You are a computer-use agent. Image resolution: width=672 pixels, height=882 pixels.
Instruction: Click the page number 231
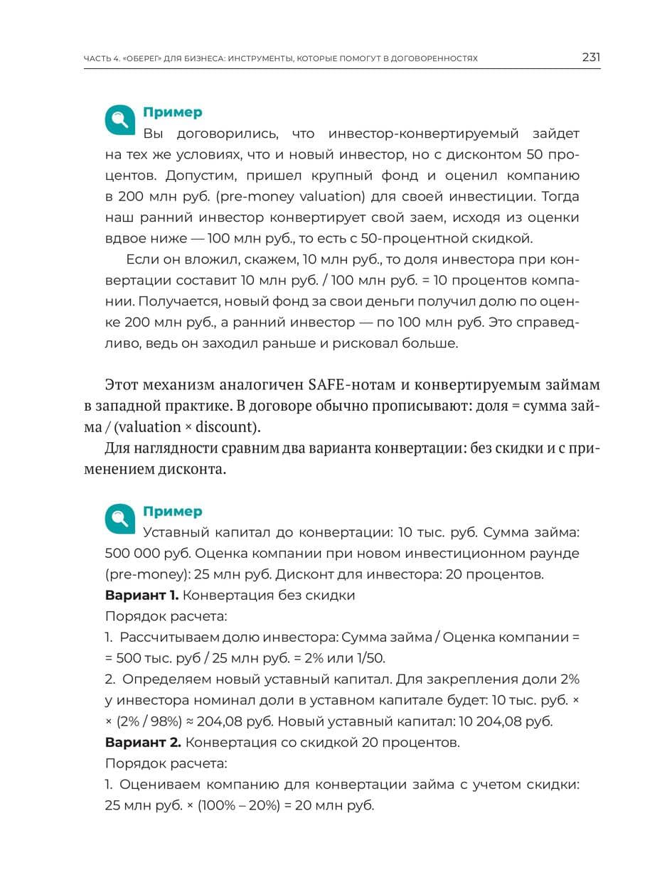591,58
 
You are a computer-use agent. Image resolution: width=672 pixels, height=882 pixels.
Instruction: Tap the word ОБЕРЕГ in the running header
138,59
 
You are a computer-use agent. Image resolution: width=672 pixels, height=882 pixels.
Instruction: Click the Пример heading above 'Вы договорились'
172,112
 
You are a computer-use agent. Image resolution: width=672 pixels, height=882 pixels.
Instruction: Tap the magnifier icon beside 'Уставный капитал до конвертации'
120,519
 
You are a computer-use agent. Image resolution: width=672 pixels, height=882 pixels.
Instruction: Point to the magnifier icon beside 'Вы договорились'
120,120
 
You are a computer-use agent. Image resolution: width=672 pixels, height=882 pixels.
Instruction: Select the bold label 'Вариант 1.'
142,596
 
